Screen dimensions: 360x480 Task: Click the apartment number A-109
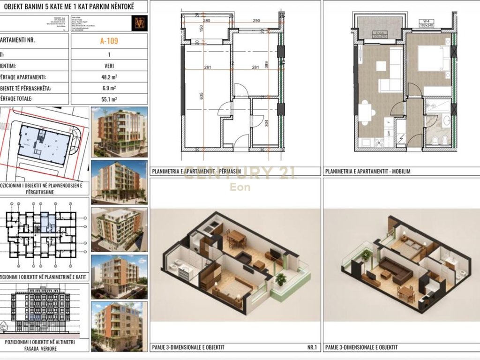coord(109,41)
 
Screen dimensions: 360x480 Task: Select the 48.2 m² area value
coord(109,77)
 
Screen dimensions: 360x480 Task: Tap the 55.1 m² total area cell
coord(109,99)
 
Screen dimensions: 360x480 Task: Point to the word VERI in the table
coord(109,66)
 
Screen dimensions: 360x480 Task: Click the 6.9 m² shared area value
coord(109,88)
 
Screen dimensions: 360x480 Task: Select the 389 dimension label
coord(267,65)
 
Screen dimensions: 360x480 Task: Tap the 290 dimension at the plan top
coord(256,21)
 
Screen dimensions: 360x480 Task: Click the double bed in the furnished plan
coord(431,60)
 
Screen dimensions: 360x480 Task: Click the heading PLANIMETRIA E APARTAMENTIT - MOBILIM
coord(367,172)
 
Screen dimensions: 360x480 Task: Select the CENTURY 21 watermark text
coord(240,173)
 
